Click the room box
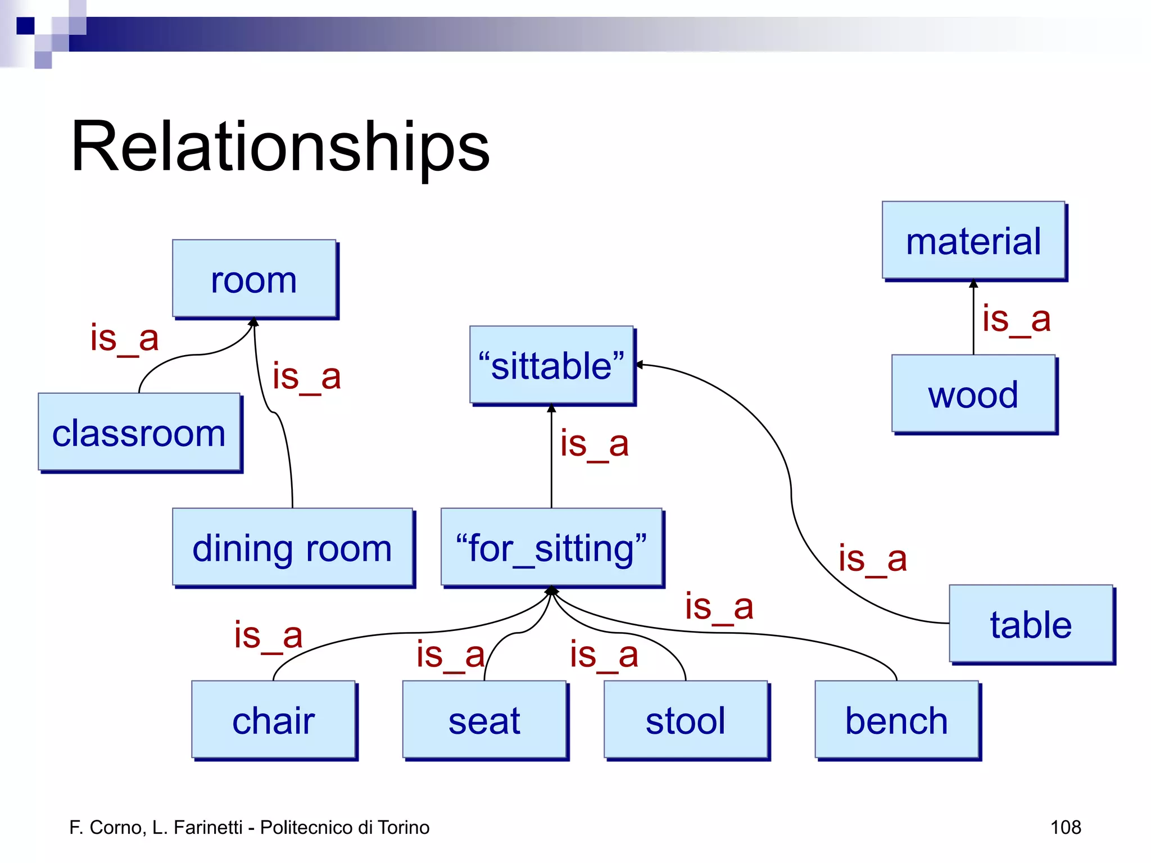pyautogui.click(x=254, y=279)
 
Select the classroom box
pyautogui.click(x=139, y=432)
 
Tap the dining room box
pyautogui.click(x=292, y=548)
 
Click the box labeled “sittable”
pyautogui.click(x=551, y=365)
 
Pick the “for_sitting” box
pyautogui.click(x=551, y=548)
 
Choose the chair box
pyautogui.click(x=274, y=720)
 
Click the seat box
pyautogui.click(x=484, y=720)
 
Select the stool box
pyautogui.click(x=686, y=720)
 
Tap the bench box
pyautogui.click(x=896, y=720)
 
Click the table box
pyautogui.click(x=1031, y=624)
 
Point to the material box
pyautogui.click(x=973, y=240)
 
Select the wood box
pyautogui.click(x=973, y=394)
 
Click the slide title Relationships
pyautogui.click(x=280, y=147)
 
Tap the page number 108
pyautogui.click(x=1066, y=827)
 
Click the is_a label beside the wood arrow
pyautogui.click(x=1016, y=319)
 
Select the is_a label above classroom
pyautogui.click(x=124, y=338)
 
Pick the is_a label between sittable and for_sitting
pyautogui.click(x=594, y=444)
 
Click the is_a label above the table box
pyautogui.click(x=872, y=558)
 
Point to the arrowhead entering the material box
pyautogui.click(x=973, y=284)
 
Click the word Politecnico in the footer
pyautogui.click(x=307, y=827)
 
